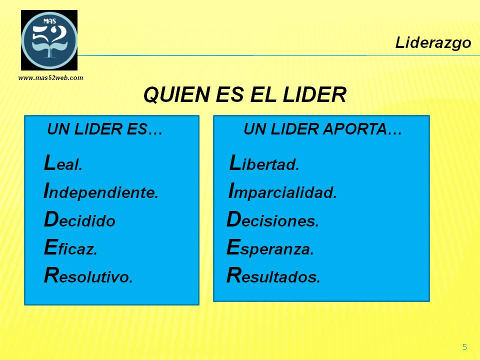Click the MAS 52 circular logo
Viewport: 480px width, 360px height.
(x=49, y=40)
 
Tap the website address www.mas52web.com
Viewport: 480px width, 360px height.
(x=51, y=78)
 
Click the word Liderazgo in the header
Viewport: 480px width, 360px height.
(x=433, y=43)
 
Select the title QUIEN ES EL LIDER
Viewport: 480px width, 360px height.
(x=245, y=94)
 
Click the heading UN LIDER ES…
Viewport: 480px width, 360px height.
(x=104, y=129)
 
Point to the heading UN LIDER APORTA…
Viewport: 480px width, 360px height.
(x=322, y=129)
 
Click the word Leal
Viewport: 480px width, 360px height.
(x=63, y=163)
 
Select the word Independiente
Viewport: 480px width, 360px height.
(x=101, y=191)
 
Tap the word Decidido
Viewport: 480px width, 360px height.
(x=79, y=219)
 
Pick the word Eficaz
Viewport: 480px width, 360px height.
(x=70, y=247)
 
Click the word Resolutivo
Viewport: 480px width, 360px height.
(x=88, y=275)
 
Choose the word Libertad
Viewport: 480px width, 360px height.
(x=264, y=163)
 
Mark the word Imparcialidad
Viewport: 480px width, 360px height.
(x=282, y=191)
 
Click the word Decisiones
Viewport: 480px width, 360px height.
(x=273, y=219)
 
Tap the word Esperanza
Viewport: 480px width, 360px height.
(x=270, y=247)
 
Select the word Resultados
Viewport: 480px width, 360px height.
(x=273, y=275)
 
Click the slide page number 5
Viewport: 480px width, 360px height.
(x=464, y=347)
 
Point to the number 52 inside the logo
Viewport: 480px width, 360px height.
(x=50, y=34)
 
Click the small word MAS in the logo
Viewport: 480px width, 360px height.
(x=49, y=21)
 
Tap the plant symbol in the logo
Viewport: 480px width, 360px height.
(x=49, y=49)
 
